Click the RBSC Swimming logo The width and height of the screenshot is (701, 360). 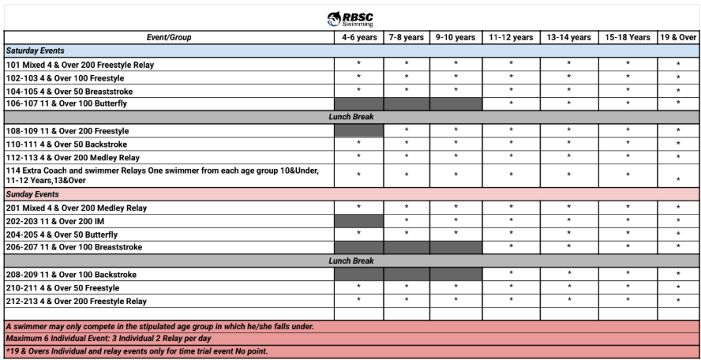point(350,19)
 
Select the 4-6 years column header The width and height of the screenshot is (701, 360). point(358,37)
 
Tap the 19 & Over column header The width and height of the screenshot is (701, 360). point(678,37)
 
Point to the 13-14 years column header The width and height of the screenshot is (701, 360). point(568,37)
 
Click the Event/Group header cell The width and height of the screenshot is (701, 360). point(168,37)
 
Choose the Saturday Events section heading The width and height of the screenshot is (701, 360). point(36,51)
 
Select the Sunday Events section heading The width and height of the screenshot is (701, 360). point(32,194)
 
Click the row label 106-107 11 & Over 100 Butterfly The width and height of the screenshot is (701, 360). point(66,103)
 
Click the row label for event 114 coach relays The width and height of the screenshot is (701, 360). point(162,174)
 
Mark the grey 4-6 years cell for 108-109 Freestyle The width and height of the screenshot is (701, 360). point(358,131)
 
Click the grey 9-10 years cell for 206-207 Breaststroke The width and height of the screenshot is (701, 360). point(455,247)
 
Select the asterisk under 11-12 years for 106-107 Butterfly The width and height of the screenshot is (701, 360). point(511,104)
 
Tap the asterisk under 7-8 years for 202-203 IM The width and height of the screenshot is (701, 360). point(407,222)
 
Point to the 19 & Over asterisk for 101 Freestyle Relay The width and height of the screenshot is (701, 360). point(678,65)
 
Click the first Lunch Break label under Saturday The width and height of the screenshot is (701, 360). point(351,117)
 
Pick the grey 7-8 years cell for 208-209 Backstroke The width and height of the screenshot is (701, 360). point(407,275)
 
